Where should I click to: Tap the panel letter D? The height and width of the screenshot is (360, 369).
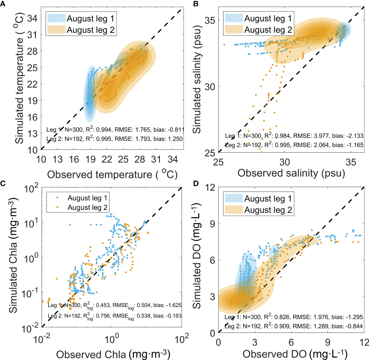pyautogui.click(x=196, y=184)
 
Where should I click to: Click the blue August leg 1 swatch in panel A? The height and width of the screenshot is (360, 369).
pyautogui.click(x=56, y=18)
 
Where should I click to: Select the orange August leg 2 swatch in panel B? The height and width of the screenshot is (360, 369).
pyautogui.click(x=234, y=29)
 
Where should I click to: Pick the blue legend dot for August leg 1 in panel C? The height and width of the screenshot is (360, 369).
pyautogui.click(x=57, y=198)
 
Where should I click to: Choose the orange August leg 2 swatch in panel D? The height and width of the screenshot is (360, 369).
pyautogui.click(x=234, y=210)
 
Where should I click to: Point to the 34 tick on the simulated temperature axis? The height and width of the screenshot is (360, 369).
pyautogui.click(x=32, y=18)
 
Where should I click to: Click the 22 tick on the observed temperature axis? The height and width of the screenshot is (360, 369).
pyautogui.click(x=107, y=159)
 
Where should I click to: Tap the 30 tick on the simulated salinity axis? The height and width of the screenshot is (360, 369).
pyautogui.click(x=210, y=87)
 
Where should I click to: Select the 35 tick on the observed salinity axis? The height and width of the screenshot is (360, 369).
pyautogui.click(x=351, y=162)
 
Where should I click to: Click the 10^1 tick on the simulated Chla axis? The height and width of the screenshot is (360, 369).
pyautogui.click(x=31, y=223)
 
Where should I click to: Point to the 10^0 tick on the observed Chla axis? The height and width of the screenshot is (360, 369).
pyautogui.click(x=112, y=339)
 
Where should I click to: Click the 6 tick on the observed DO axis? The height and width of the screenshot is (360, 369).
pyautogui.click(x=291, y=342)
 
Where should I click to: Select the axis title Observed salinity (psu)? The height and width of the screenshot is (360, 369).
pyautogui.click(x=291, y=173)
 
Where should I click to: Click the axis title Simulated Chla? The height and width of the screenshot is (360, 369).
pyautogui.click(x=13, y=255)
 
